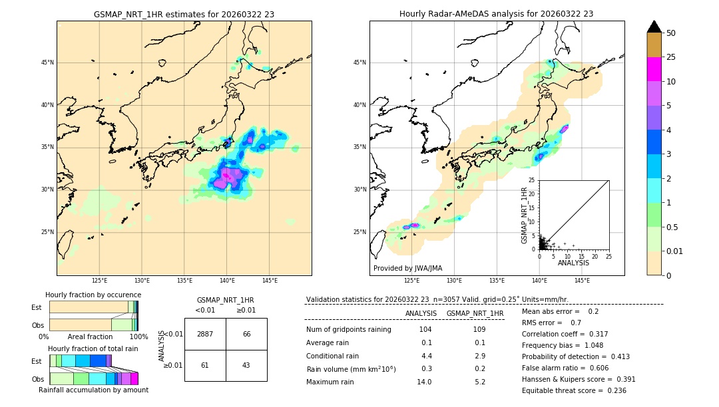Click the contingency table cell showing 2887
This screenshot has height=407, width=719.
(x=205, y=334)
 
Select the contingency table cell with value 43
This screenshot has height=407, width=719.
(x=246, y=366)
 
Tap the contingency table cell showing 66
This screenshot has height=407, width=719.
(x=246, y=334)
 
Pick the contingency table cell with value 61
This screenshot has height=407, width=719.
(x=205, y=366)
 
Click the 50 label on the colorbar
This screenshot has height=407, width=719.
(x=671, y=33)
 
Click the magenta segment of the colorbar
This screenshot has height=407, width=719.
(x=654, y=69)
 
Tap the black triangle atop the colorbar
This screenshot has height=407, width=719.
(x=654, y=27)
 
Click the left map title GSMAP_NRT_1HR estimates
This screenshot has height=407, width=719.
(x=184, y=14)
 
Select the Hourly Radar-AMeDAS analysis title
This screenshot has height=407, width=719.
(x=497, y=14)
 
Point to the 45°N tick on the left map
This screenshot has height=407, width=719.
(x=47, y=63)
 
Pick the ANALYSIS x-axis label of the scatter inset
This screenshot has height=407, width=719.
(x=573, y=263)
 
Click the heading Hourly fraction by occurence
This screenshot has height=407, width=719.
(x=93, y=295)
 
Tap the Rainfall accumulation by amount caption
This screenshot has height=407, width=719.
(x=93, y=390)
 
